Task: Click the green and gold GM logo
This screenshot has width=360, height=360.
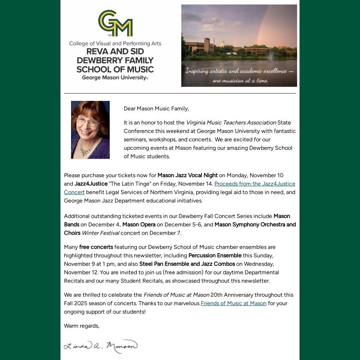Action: click(x=115, y=23)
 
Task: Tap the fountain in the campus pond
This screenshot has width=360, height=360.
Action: click(x=270, y=56)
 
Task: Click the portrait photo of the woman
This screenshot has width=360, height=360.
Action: click(x=90, y=130)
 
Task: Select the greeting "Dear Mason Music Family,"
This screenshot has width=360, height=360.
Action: click(x=156, y=109)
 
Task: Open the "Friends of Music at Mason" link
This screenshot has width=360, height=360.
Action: click(x=233, y=303)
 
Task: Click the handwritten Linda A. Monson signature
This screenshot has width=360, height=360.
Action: click(x=101, y=346)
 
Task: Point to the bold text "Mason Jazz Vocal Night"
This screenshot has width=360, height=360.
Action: click(x=187, y=175)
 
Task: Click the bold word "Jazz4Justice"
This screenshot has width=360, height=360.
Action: click(x=91, y=184)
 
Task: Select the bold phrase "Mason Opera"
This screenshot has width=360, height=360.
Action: click(x=139, y=225)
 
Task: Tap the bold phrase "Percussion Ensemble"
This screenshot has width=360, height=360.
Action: click(x=215, y=256)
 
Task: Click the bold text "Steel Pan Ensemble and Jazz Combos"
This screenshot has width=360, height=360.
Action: click(x=187, y=264)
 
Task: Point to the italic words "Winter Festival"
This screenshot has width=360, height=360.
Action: click(x=100, y=233)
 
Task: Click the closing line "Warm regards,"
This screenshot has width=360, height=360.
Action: click(x=82, y=326)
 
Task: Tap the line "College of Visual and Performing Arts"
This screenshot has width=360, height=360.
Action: click(x=115, y=44)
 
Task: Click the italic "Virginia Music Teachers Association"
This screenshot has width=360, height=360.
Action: click(x=231, y=123)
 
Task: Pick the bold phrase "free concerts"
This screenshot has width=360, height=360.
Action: click(x=96, y=247)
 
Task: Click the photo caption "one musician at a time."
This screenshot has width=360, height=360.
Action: click(x=240, y=81)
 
